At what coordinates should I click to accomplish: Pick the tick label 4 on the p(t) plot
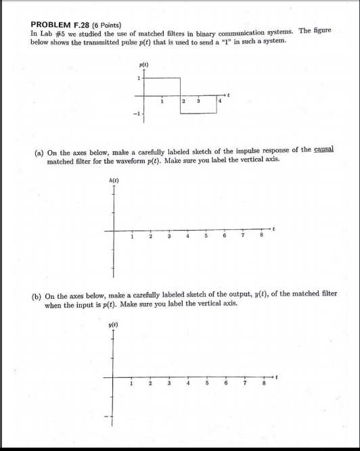[x=219, y=101]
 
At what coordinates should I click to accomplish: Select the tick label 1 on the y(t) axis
[x=131, y=385]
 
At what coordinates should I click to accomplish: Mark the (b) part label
[x=39, y=295]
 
